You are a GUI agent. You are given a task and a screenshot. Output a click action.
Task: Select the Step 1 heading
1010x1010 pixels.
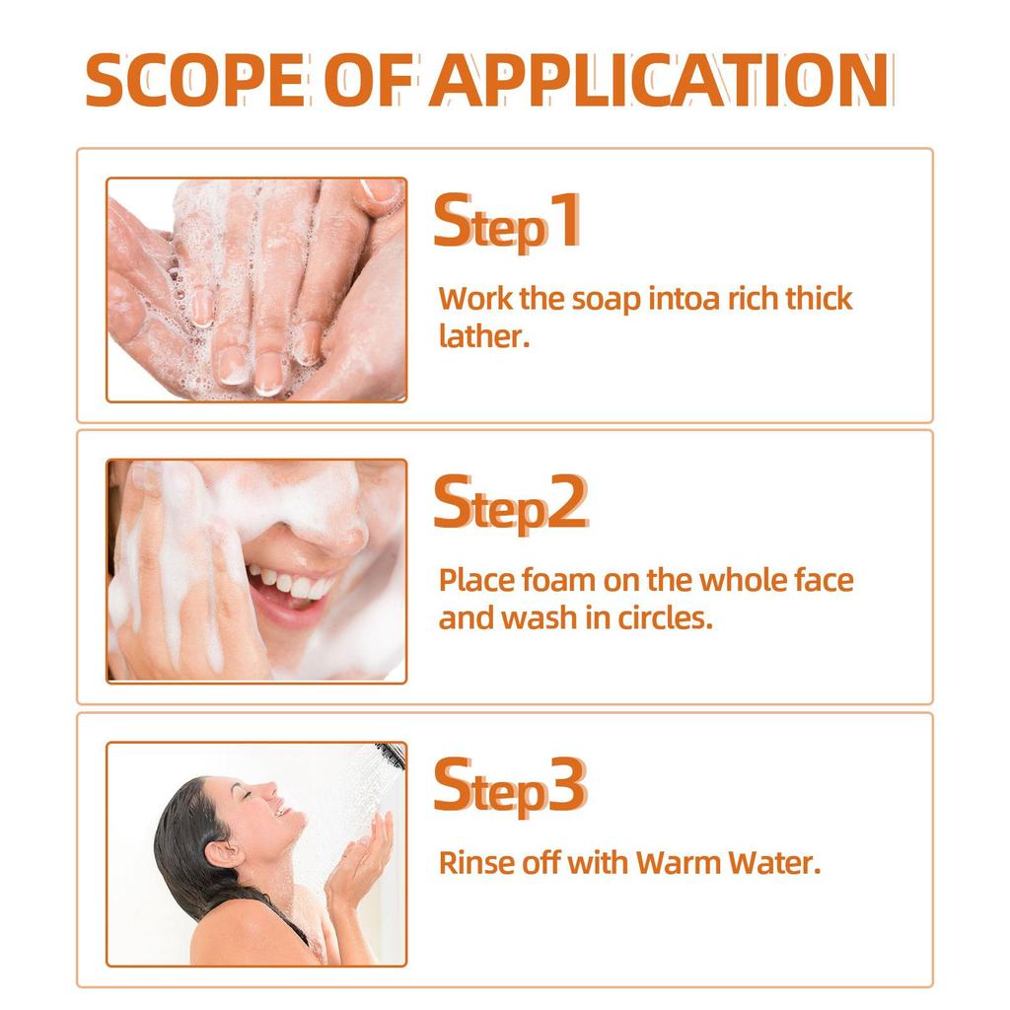point(507,224)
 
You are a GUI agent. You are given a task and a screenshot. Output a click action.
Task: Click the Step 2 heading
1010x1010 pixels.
point(510,505)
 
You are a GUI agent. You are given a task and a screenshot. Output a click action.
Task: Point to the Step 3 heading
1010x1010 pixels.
point(510,786)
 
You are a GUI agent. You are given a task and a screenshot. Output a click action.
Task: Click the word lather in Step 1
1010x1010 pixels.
point(484,336)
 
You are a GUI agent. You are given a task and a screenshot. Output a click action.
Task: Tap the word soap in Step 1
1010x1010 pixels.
point(607,299)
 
